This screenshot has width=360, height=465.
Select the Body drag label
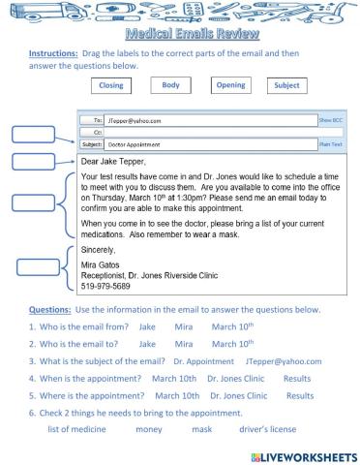pyautogui.click(x=170, y=85)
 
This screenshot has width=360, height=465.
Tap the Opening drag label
pyautogui.click(x=230, y=85)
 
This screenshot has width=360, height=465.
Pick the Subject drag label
pyautogui.click(x=287, y=85)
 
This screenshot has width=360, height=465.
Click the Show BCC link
pyautogui.click(x=331, y=121)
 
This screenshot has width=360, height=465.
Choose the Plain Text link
pyautogui.click(x=331, y=142)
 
